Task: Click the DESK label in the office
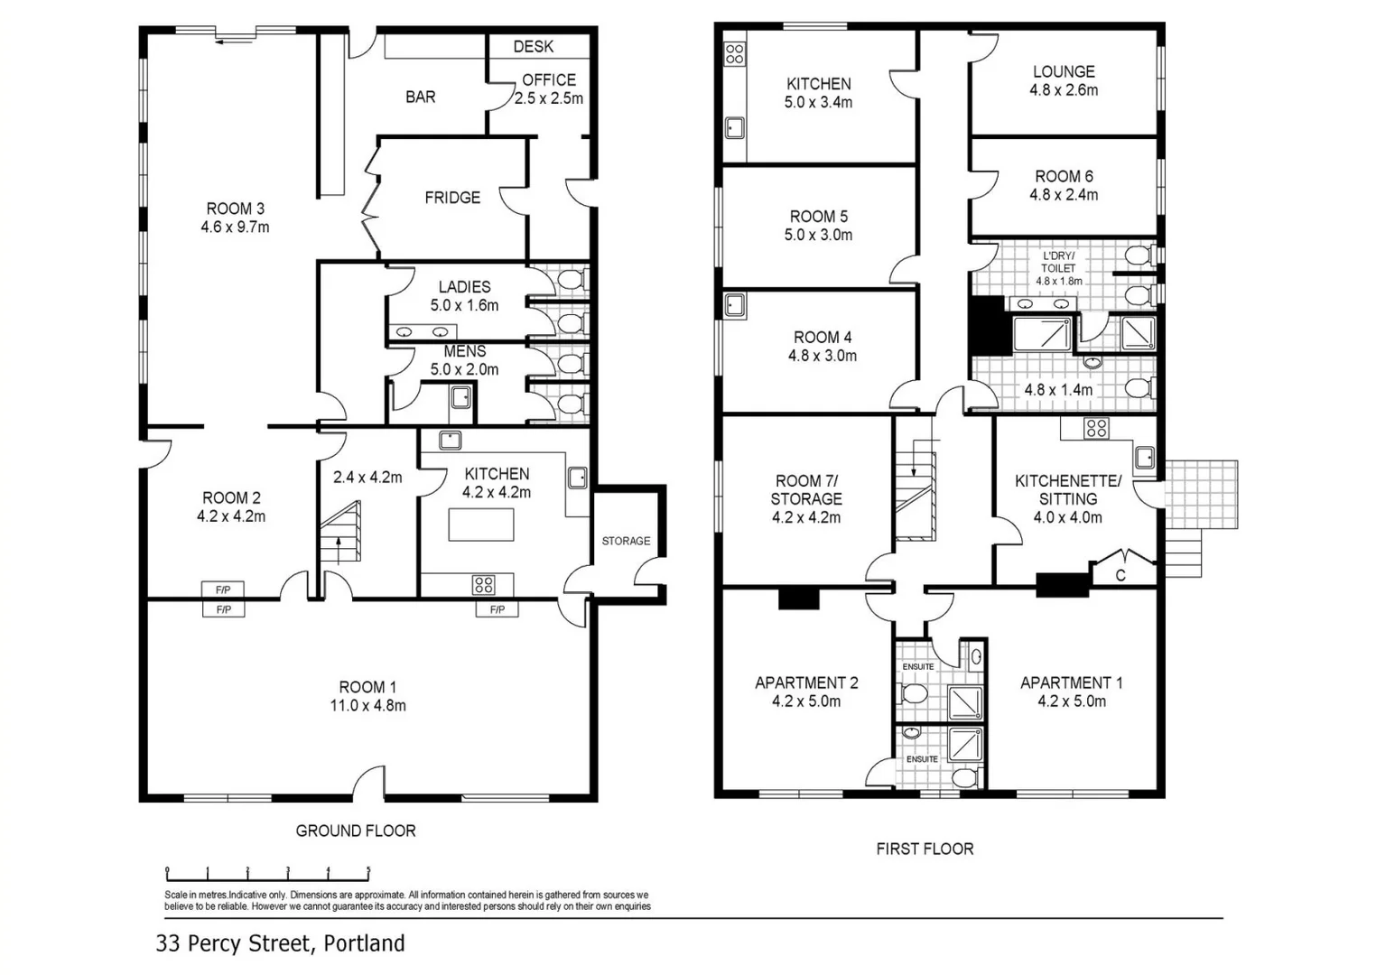pyautogui.click(x=533, y=46)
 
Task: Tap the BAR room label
pyautogui.click(x=420, y=97)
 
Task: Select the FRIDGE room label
pyautogui.click(x=452, y=198)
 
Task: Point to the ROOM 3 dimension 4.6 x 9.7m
pyautogui.click(x=235, y=227)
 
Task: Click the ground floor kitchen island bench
pyautogui.click(x=481, y=525)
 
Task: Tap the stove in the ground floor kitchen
pyautogui.click(x=483, y=585)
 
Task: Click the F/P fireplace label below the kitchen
pyautogui.click(x=497, y=610)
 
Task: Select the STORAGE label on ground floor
pyautogui.click(x=626, y=541)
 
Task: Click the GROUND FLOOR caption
pyautogui.click(x=356, y=831)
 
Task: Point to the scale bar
pyautogui.click(x=268, y=873)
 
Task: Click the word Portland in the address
pyautogui.click(x=364, y=943)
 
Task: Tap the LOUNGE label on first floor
pyautogui.click(x=1064, y=71)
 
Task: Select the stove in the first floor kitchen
pyautogui.click(x=735, y=53)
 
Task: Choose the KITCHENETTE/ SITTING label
pyautogui.click(x=1068, y=490)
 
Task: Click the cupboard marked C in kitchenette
pyautogui.click(x=1120, y=575)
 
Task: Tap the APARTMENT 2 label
pyautogui.click(x=806, y=682)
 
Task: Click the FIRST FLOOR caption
pyautogui.click(x=925, y=849)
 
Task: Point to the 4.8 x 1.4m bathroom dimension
pyautogui.click(x=1058, y=390)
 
